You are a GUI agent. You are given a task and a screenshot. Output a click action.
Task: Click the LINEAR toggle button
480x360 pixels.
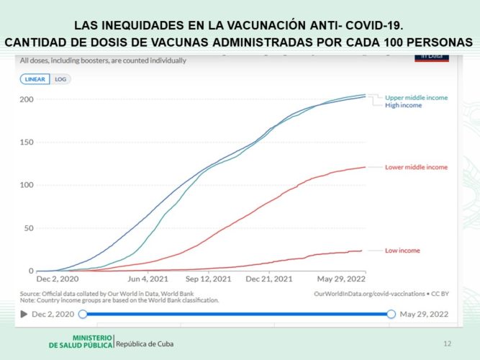click(35, 79)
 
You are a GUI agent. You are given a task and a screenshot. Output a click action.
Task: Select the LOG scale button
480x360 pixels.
click(60, 79)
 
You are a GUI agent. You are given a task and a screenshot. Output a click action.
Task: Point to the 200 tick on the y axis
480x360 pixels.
click(27, 99)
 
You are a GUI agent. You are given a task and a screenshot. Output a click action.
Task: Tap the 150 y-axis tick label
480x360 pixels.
click(27, 142)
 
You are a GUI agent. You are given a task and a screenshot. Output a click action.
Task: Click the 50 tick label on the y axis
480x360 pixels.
click(29, 228)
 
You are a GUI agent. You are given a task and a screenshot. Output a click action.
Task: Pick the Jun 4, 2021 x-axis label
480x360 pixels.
click(148, 279)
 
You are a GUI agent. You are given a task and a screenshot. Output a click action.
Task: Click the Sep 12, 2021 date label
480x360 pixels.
click(208, 279)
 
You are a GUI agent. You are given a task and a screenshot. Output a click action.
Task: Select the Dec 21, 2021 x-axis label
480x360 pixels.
click(269, 279)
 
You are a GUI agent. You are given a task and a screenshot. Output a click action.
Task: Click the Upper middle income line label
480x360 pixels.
click(417, 98)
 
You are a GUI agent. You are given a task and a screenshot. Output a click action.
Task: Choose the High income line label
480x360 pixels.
click(404, 105)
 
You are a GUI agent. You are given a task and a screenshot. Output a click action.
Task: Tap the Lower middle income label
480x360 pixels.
click(417, 167)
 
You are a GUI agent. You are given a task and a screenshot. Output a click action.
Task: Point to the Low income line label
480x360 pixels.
click(402, 251)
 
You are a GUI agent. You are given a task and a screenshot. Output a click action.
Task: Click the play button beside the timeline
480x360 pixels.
click(24, 314)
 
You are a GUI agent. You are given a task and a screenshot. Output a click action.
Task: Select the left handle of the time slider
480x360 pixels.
click(83, 314)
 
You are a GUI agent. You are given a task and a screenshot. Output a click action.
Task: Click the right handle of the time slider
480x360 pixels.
click(391, 314)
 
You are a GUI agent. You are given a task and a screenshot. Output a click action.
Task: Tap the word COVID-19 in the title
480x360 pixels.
click(374, 25)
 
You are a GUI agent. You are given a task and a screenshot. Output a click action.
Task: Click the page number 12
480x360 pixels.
click(448, 343)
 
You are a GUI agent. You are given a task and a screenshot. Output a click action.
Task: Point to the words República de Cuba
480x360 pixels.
click(145, 344)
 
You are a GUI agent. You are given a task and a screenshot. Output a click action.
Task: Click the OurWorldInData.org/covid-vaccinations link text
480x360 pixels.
click(369, 294)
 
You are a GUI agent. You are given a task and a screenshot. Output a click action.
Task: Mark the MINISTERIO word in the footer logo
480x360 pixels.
click(92, 338)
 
